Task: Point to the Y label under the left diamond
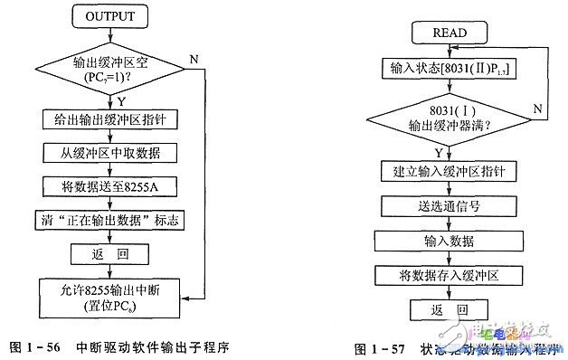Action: [119, 99]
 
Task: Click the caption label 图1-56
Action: [36, 346]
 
